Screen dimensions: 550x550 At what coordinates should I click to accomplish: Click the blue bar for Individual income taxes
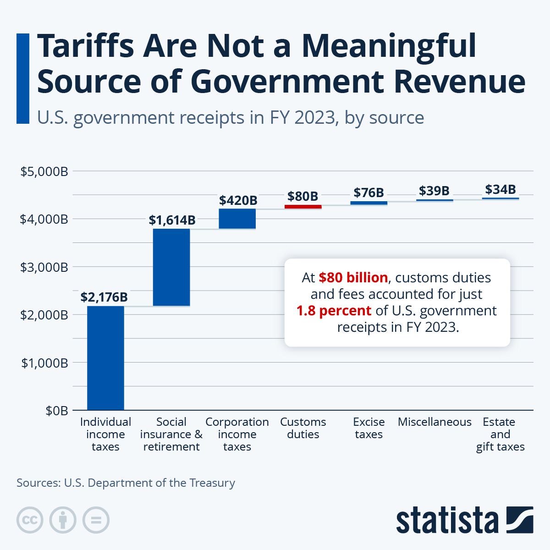point(105,357)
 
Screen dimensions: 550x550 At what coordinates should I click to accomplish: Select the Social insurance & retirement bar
point(171,267)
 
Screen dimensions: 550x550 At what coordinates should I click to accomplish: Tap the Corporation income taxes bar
point(237,219)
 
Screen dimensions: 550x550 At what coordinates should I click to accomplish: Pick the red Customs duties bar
point(303,207)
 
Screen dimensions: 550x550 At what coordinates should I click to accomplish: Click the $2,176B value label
point(104,297)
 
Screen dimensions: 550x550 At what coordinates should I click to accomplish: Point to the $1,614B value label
point(172,220)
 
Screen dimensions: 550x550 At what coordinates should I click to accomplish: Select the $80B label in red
point(302,196)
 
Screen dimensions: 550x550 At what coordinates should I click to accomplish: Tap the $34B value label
point(500,189)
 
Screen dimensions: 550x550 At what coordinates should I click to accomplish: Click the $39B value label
point(434,190)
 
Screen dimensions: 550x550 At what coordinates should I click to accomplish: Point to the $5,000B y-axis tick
point(44,171)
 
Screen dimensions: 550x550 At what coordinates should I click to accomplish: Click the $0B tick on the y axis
point(57,411)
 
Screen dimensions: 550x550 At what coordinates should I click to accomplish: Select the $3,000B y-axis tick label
point(44,267)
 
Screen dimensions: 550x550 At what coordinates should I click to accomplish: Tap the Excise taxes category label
point(368,428)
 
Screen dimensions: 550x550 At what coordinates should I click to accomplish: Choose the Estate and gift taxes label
point(500,434)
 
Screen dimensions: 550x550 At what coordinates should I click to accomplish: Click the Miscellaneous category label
point(434,422)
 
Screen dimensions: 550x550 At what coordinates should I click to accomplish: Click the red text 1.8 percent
point(334,311)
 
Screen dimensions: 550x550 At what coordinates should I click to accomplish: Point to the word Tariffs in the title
point(85,46)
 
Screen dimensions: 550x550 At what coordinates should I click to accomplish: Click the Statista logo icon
point(520,520)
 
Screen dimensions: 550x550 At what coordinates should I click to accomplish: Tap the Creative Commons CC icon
point(30,520)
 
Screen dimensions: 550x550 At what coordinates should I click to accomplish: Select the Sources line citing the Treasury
point(126,483)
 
